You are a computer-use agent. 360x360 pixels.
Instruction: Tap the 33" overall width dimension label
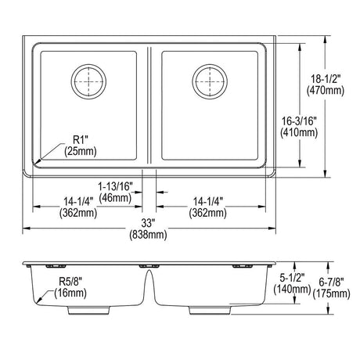tap(148, 223)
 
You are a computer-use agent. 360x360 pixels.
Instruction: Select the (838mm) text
tap(148, 235)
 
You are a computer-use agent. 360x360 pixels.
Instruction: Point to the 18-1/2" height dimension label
tap(326, 79)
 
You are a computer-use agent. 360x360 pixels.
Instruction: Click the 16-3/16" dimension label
tap(299, 121)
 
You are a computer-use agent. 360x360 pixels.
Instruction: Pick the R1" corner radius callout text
tap(80, 140)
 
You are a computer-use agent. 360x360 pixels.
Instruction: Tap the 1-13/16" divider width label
tap(115, 186)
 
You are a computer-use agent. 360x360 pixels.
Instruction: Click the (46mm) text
tap(115, 198)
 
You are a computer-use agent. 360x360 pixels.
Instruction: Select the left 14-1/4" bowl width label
tap(78, 202)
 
